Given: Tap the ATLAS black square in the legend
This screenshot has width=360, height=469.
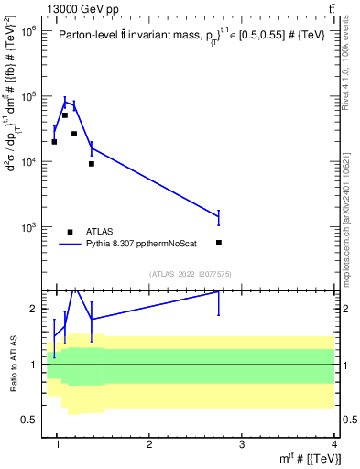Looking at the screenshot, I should click(70, 232).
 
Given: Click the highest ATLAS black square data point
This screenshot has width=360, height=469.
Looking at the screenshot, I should click(65, 115).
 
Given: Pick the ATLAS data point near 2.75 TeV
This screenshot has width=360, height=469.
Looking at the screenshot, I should click(218, 243).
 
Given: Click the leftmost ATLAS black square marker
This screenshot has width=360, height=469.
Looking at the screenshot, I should click(55, 142).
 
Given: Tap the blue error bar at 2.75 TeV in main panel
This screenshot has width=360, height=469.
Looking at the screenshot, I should click(218, 216).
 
